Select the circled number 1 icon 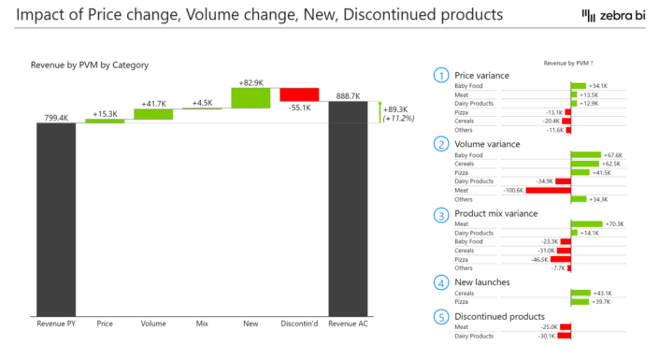(440, 74)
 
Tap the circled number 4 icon (440, 281)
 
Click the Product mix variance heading (495, 213)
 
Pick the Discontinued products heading (499, 316)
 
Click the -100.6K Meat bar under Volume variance (548, 190)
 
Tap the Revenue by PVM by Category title (90, 65)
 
